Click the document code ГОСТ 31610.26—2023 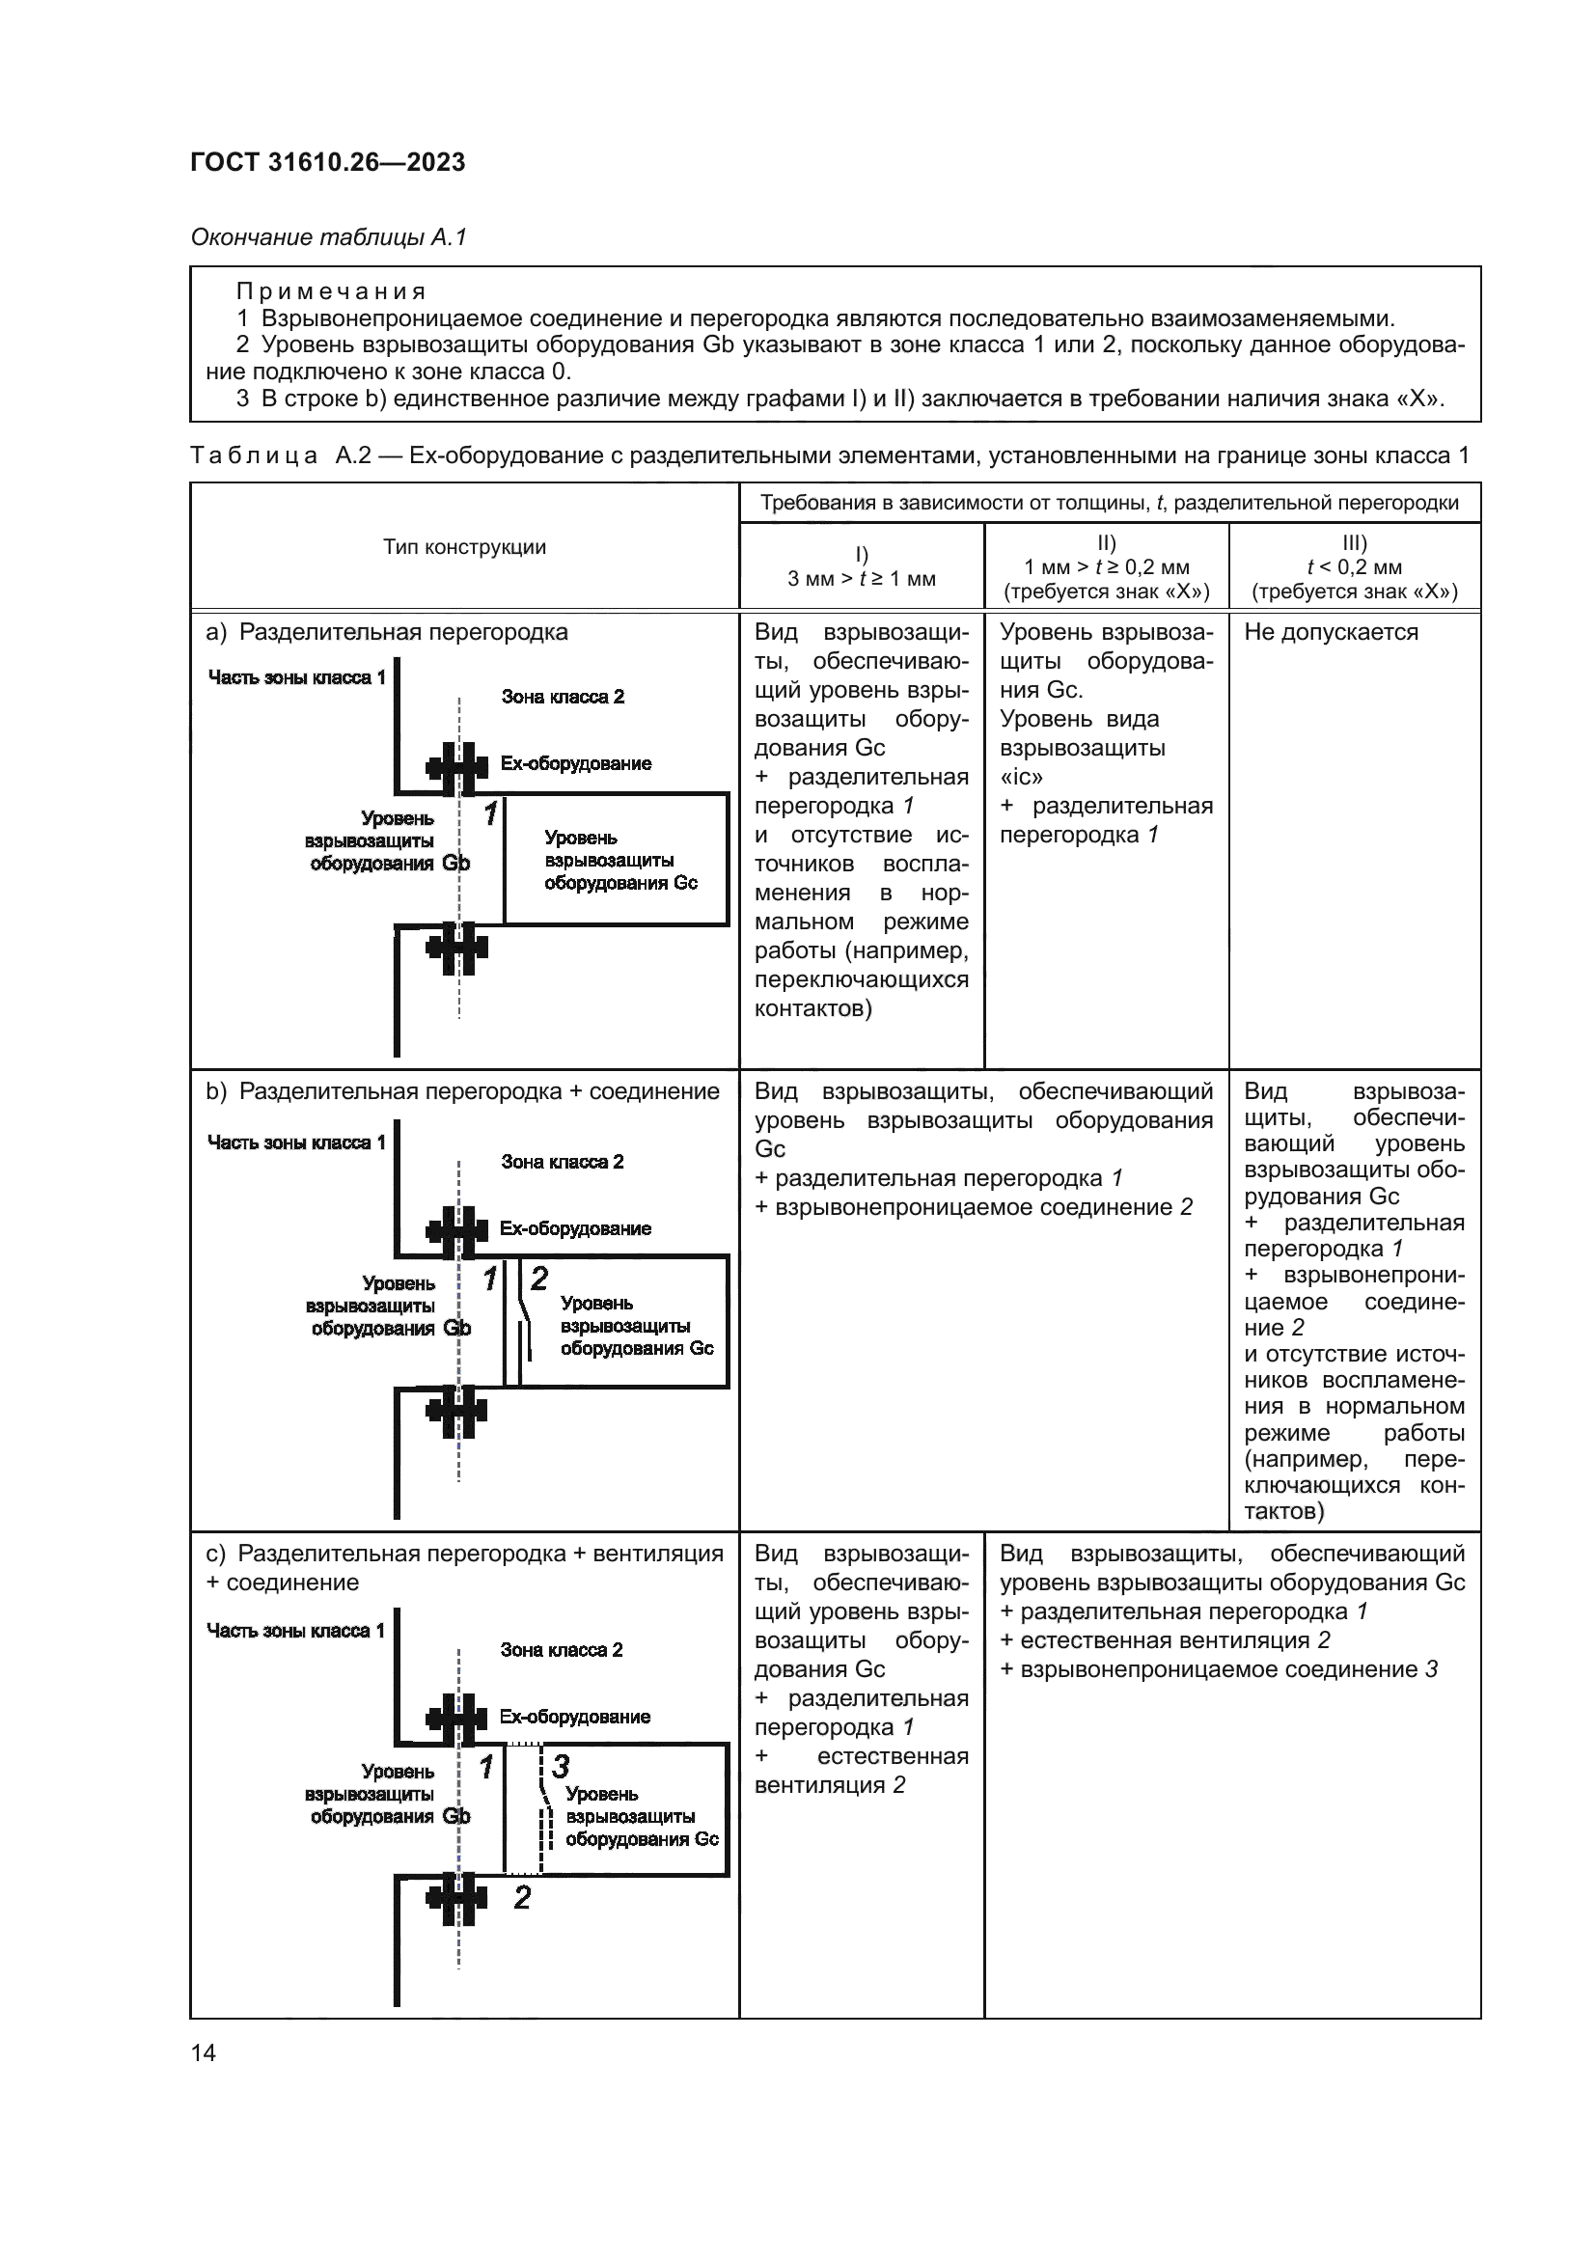tap(327, 162)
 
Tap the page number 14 tap(204, 2052)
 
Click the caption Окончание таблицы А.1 tap(328, 237)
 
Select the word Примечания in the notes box tap(330, 291)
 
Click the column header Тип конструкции tap(464, 546)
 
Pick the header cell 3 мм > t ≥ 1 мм tap(861, 579)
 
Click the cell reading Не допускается tap(1331, 632)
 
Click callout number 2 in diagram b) tap(538, 1278)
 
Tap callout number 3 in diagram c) tap(561, 1767)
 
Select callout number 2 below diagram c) tap(522, 1897)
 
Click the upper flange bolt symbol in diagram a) tap(457, 768)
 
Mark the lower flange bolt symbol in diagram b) tap(457, 1412)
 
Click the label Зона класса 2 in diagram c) tap(562, 1649)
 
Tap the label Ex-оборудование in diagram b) tap(575, 1228)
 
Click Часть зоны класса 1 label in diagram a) tap(296, 677)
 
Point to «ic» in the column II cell tap(1021, 777)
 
